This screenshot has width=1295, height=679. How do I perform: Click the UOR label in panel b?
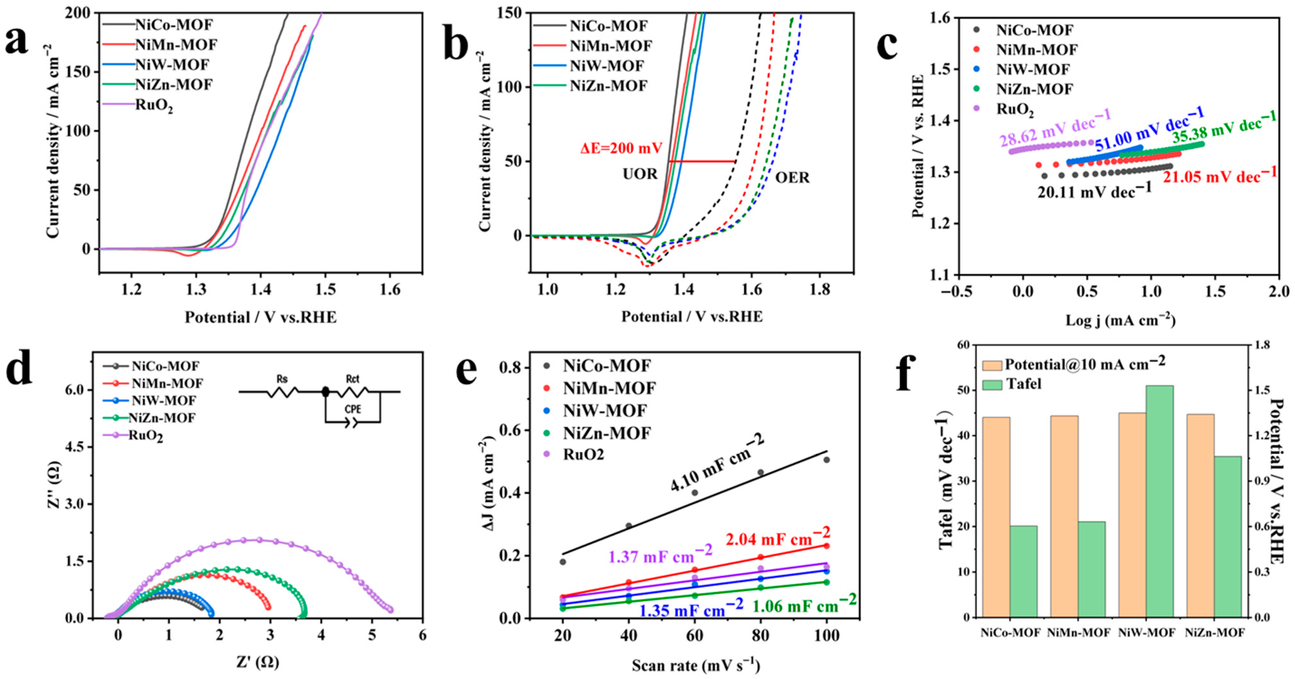pos(640,174)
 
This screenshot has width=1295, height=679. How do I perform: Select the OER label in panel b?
pos(792,177)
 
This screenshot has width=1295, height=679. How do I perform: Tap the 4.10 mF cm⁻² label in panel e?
pos(717,463)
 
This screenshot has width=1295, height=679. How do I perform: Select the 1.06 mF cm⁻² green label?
pos(804,604)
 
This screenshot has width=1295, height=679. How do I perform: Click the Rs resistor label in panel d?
pos(282,379)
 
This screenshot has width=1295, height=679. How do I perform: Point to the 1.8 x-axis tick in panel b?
pos(820,290)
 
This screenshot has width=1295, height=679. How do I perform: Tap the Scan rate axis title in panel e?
pos(696,666)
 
